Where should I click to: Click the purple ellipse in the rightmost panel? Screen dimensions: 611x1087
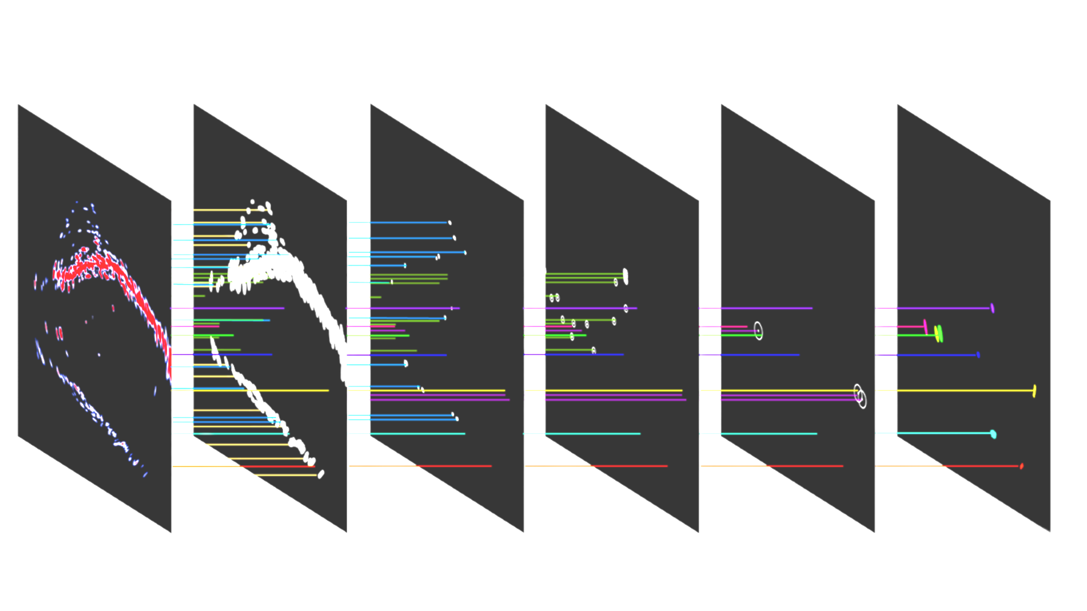[992, 308]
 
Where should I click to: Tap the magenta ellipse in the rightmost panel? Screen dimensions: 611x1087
[926, 326]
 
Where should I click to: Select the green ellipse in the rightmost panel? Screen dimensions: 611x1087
[940, 334]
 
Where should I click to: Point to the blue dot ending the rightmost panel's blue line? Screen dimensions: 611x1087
[978, 355]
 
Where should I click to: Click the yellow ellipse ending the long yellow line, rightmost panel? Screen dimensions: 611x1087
[1034, 390]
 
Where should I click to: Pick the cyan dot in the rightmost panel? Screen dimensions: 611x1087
[993, 434]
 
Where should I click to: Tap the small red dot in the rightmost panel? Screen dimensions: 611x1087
[1021, 466]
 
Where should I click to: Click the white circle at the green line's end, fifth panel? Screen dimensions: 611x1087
[758, 331]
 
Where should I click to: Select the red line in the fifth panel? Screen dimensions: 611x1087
[804, 466]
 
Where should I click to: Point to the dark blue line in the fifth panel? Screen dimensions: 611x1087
[759, 355]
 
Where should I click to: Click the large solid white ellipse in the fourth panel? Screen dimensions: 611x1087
[625, 276]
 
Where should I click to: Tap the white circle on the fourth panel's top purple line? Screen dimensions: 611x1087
[626, 308]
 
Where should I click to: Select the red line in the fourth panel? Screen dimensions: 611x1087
[628, 466]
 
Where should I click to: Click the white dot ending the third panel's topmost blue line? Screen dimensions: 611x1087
[450, 223]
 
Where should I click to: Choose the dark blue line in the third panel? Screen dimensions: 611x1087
[408, 355]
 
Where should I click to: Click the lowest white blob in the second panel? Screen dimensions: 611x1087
[321, 474]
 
